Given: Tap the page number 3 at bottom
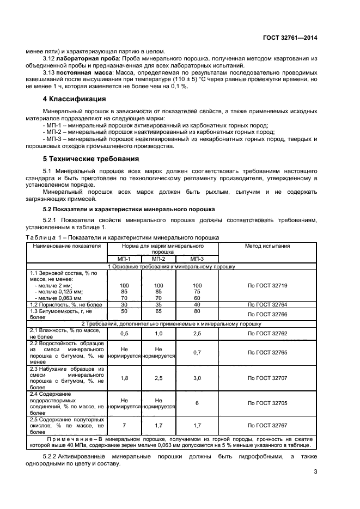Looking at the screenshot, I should point(315,471).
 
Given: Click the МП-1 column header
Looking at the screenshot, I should point(124,259).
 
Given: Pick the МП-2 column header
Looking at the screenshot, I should point(158,259).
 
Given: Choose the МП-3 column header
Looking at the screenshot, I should point(197,259).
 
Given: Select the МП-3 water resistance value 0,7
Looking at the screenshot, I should point(197,353).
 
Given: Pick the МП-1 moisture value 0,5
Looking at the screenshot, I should point(124,333).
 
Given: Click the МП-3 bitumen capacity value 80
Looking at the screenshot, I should point(197,311).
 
